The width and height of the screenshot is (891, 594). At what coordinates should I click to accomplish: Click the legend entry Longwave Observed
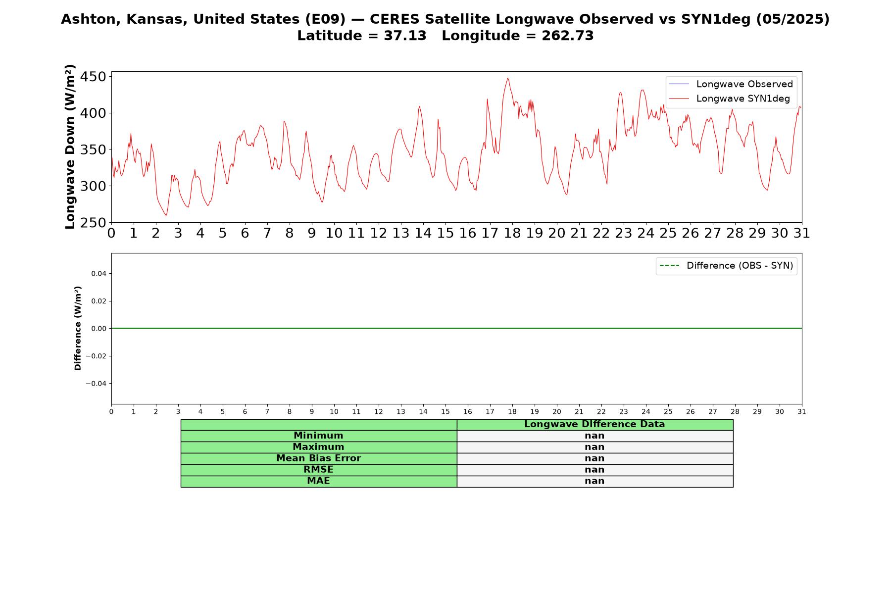[731, 84]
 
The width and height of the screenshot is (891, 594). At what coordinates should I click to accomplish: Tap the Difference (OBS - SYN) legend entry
[726, 266]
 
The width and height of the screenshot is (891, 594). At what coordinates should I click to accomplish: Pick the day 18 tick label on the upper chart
[512, 233]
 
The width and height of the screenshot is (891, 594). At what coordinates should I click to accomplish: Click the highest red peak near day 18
[507, 78]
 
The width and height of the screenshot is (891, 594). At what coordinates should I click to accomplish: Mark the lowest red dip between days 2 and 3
[166, 215]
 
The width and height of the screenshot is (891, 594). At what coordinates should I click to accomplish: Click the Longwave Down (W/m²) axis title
[70, 147]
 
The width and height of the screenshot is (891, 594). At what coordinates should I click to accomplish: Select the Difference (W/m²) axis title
[78, 328]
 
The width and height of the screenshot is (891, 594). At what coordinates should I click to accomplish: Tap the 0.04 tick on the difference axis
[99, 273]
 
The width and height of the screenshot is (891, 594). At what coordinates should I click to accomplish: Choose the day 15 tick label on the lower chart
[445, 412]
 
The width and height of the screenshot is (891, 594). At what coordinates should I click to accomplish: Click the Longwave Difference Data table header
[594, 424]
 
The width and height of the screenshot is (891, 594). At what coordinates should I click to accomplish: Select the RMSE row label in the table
[318, 470]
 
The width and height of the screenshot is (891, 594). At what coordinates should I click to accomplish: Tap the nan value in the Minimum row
[594, 436]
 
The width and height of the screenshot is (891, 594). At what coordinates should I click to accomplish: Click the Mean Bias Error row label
[318, 458]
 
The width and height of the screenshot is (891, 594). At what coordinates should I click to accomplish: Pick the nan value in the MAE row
[594, 481]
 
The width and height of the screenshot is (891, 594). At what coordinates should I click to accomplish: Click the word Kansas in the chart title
[159, 19]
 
